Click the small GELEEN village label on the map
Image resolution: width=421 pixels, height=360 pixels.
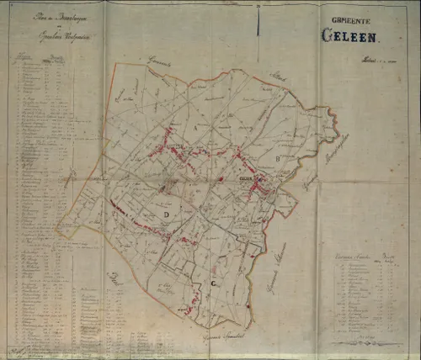point(247,179)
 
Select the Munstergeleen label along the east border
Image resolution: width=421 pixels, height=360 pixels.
point(335,146)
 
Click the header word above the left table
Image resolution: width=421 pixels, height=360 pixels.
point(24,57)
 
